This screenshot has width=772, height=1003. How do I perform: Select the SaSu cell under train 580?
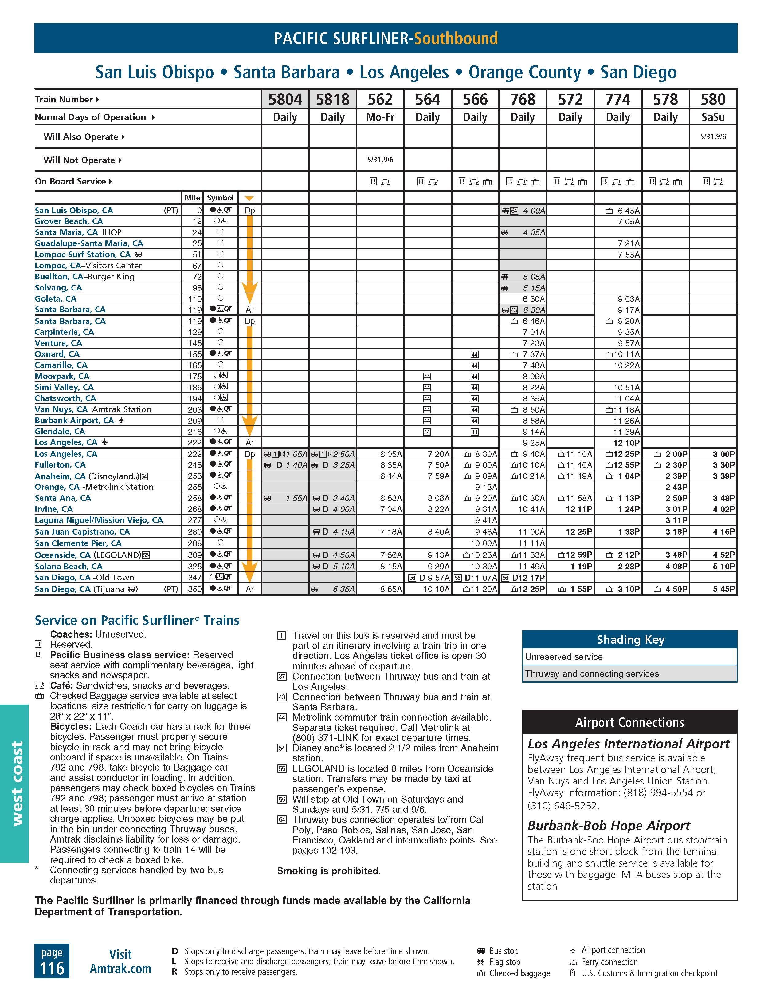pyautogui.click(x=713, y=117)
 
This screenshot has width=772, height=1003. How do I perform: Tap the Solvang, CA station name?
pyautogui.click(x=58, y=287)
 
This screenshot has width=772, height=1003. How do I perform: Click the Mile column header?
pyautogui.click(x=192, y=197)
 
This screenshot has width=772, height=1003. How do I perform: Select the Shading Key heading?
pyautogui.click(x=630, y=639)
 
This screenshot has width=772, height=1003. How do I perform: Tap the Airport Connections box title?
pyautogui.click(x=629, y=722)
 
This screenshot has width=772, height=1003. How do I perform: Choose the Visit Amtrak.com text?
pyautogui.click(x=120, y=961)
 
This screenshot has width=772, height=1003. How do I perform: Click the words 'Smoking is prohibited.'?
pyautogui.click(x=329, y=871)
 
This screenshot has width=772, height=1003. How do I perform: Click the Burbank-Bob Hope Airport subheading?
pyautogui.click(x=608, y=825)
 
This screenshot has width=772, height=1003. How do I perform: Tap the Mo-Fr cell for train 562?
pyautogui.click(x=380, y=117)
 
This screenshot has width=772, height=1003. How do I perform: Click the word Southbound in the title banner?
pyautogui.click(x=456, y=38)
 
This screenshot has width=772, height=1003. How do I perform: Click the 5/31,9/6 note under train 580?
pyautogui.click(x=713, y=136)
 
